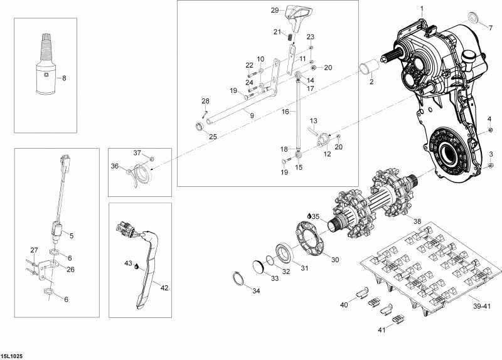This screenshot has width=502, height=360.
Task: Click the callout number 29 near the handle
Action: pyautogui.click(x=274, y=10)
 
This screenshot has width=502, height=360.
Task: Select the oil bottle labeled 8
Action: pyautogui.click(x=45, y=69)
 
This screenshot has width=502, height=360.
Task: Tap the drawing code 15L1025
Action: pyautogui.click(x=12, y=355)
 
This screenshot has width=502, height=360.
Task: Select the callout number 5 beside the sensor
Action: pyautogui.click(x=71, y=236)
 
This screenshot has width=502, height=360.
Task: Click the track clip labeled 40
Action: pyautogui.click(x=361, y=292)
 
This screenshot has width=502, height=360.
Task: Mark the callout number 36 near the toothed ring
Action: pyautogui.click(x=114, y=166)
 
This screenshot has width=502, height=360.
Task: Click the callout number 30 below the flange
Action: pyautogui.click(x=334, y=260)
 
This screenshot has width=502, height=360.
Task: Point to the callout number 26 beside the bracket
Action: pyautogui.click(x=71, y=270)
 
